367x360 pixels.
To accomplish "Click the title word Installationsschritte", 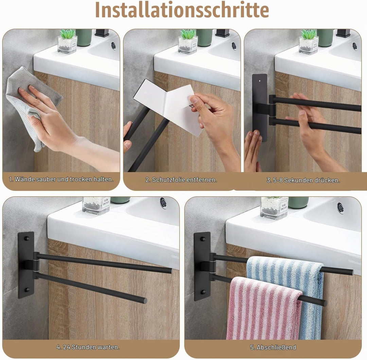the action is click(x=182, y=10).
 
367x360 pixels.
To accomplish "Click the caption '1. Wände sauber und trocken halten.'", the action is click(x=61, y=179).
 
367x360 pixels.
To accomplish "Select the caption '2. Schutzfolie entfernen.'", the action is click(x=181, y=180).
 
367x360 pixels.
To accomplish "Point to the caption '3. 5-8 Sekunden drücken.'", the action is click(x=303, y=180).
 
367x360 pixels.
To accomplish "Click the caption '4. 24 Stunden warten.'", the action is click(x=88, y=347).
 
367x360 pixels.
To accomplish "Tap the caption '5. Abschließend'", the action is click(x=273, y=347).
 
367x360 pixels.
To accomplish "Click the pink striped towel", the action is click(x=264, y=308).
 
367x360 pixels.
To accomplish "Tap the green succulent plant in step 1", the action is click(x=68, y=34).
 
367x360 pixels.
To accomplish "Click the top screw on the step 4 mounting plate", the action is click(x=27, y=239).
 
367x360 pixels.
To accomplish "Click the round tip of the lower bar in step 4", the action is click(x=145, y=301).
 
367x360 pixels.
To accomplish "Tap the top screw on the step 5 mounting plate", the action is click(x=203, y=239).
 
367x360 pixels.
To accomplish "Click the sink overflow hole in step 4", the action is click(x=163, y=202).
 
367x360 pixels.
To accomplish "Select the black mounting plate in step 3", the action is click(x=260, y=108).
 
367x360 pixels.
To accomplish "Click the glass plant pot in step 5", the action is click(x=274, y=208).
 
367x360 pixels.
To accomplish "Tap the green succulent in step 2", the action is click(x=188, y=34).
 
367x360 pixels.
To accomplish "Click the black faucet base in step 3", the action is click(x=343, y=33).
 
